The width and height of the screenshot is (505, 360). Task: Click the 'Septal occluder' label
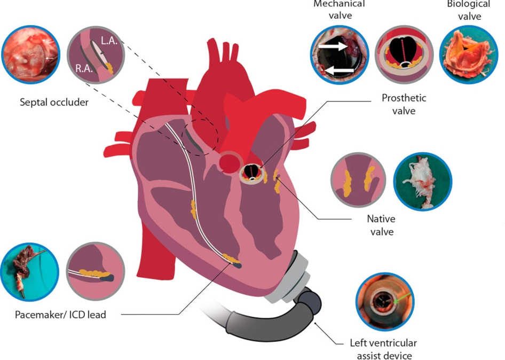tap(54, 102)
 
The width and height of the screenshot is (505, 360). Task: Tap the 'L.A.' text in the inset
tap(109, 41)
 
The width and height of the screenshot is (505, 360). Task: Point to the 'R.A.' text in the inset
tap(84, 68)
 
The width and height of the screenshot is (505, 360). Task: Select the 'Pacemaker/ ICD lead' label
tap(60, 315)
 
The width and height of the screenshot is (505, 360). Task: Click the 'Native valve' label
tap(381, 225)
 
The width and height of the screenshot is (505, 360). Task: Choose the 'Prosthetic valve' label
tap(404, 104)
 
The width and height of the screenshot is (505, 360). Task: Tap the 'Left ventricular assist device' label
tap(384, 349)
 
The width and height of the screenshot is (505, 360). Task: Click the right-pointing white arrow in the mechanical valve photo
tap(333, 46)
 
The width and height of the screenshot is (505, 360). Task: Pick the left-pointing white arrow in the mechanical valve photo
tap(339, 69)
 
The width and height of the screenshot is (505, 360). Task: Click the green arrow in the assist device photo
tap(401, 298)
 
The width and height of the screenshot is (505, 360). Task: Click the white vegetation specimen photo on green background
tap(423, 182)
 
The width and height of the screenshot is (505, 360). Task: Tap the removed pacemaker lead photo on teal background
tap(30, 272)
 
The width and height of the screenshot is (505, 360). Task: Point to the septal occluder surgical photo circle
tap(31, 54)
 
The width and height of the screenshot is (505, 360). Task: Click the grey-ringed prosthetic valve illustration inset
tap(404, 54)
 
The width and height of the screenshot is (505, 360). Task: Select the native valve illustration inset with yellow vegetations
tap(358, 180)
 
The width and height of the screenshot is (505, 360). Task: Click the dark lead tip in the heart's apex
tap(236, 265)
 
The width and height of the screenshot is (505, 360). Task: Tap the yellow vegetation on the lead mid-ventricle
tap(193, 209)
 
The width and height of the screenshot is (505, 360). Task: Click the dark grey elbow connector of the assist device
tap(309, 303)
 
